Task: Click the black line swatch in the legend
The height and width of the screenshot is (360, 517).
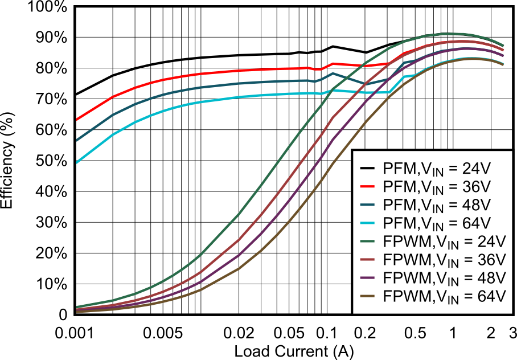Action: click(x=367, y=168)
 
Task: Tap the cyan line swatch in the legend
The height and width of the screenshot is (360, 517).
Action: click(x=367, y=223)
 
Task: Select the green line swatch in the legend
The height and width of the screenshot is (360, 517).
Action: click(x=367, y=241)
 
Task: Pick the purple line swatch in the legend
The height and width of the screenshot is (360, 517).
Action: click(x=367, y=277)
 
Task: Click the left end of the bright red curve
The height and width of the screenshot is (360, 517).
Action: click(x=77, y=120)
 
